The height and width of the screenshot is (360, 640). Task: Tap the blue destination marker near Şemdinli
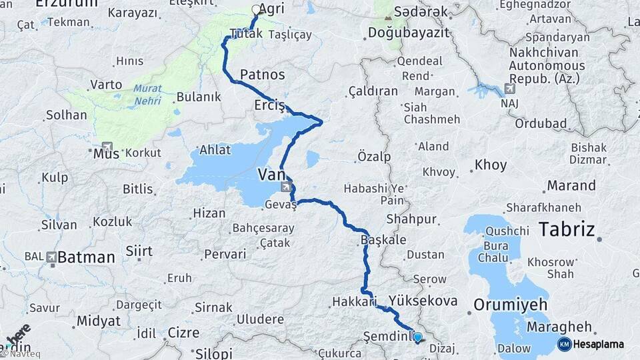point(417,337)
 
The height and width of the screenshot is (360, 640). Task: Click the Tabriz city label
point(566,230)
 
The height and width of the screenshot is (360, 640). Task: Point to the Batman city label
point(86,257)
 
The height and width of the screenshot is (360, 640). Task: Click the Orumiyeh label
point(510,305)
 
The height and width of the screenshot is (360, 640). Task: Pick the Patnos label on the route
point(262,74)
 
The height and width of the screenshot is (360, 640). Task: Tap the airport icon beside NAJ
point(510,89)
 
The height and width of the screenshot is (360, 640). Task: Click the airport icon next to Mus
point(107,146)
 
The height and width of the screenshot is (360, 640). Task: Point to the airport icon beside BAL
point(52,257)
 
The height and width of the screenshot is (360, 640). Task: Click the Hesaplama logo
point(591,344)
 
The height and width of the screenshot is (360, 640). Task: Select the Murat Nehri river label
point(147,94)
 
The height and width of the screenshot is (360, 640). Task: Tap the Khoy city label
point(491,165)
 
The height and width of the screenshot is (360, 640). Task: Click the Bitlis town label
point(138,189)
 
